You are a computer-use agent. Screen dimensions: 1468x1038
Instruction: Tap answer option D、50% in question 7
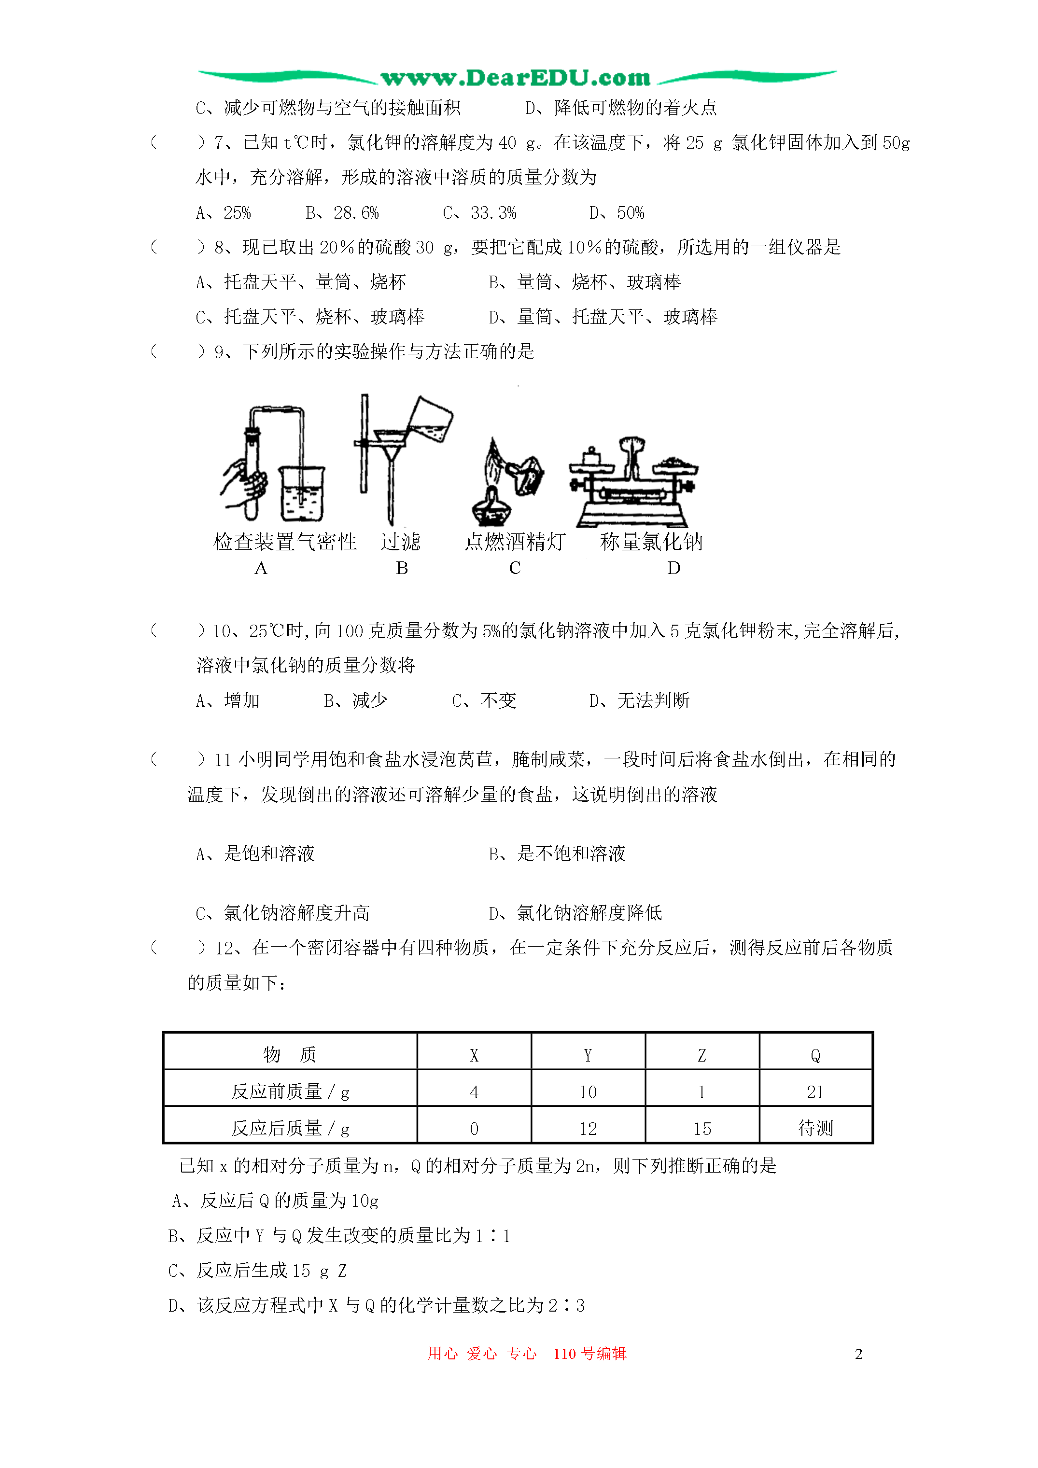click(617, 213)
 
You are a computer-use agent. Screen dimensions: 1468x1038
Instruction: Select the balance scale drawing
click(633, 483)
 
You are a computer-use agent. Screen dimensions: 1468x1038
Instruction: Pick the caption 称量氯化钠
click(651, 542)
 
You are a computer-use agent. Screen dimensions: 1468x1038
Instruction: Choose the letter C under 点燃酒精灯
click(515, 568)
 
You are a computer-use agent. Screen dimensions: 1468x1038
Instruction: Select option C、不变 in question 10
click(484, 701)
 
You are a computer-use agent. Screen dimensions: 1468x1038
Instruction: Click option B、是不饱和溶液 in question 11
click(556, 853)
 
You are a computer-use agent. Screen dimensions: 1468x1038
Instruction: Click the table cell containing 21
click(815, 1092)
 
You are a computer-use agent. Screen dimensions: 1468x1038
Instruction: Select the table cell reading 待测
click(815, 1129)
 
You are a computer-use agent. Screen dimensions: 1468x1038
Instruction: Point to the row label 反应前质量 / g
click(290, 1092)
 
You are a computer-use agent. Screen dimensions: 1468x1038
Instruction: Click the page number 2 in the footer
click(858, 1354)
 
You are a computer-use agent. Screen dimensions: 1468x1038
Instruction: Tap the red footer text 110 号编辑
click(589, 1354)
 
